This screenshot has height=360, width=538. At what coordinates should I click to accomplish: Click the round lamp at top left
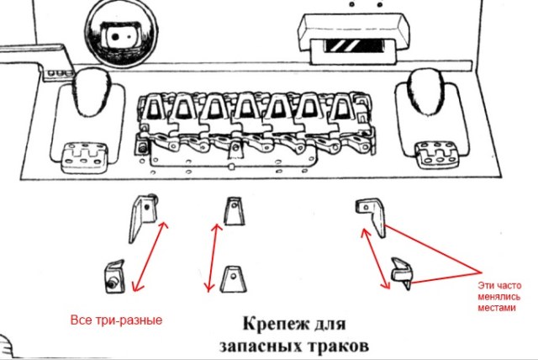click(113, 34)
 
